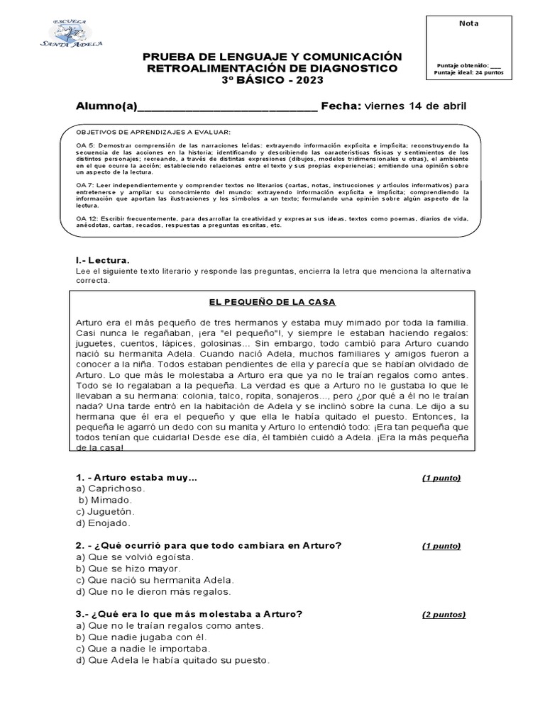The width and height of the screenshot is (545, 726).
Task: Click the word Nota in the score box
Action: pos(469,23)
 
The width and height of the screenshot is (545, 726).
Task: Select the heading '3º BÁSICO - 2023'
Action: pos(272,80)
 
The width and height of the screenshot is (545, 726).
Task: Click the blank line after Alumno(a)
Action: pos(227,107)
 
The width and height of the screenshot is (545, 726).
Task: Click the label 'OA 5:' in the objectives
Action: pos(86,145)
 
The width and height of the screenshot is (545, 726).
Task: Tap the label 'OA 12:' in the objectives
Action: pos(88,218)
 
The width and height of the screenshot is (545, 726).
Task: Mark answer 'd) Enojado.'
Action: pos(103,523)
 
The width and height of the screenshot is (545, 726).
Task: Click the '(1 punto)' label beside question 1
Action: pos(441,478)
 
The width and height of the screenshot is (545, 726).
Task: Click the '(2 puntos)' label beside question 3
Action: pos(444,614)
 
